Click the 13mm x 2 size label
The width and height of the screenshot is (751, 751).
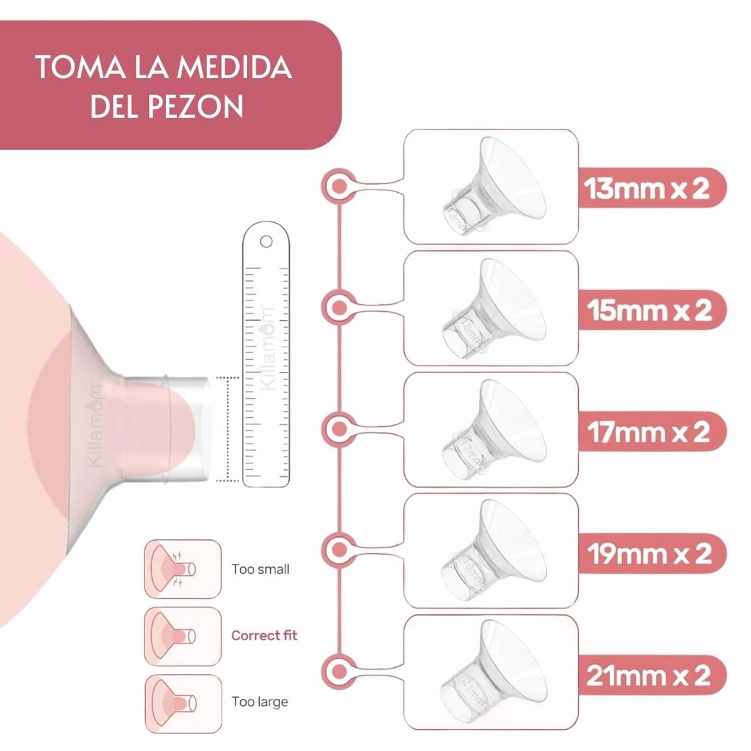647,188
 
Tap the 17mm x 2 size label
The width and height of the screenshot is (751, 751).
648,432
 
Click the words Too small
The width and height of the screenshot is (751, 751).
260,570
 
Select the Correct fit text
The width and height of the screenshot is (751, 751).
264,636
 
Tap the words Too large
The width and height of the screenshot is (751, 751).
260,702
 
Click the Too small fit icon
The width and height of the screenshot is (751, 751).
183,569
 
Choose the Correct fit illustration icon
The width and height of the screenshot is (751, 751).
183,636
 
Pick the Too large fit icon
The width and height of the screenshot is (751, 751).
183,702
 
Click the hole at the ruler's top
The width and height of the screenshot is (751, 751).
265,240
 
